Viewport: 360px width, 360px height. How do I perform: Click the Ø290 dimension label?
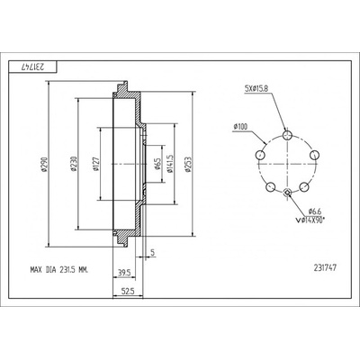pos(45,165)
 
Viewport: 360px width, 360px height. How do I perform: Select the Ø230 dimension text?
pos(74,165)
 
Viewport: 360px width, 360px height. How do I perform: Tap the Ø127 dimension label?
pos(96,165)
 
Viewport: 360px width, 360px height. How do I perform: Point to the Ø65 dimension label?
pos(157,165)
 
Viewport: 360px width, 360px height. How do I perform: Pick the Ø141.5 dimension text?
pos(170,164)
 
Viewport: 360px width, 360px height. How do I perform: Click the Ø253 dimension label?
pos(188,165)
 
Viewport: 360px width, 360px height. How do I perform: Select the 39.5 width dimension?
pos(124,273)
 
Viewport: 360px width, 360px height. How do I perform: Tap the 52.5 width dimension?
pos(128,291)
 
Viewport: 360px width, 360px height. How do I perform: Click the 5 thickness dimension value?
pos(152,253)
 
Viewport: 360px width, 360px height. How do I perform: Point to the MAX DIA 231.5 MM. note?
pos(59,270)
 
